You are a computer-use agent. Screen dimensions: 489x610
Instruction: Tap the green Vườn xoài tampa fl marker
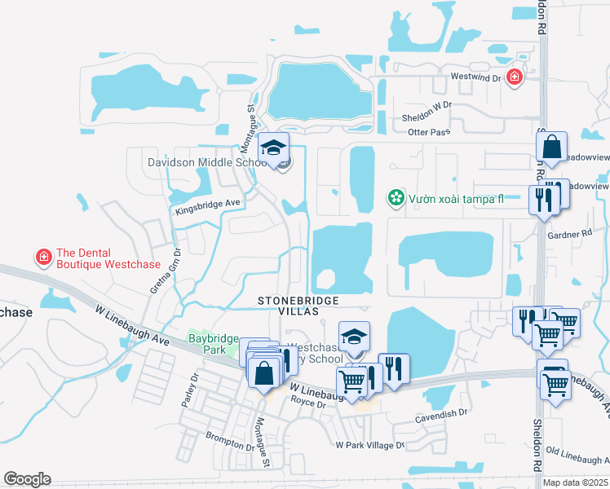396,197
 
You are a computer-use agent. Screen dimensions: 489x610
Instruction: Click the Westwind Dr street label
475,76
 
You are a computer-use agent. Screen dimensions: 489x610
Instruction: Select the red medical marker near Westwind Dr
515,77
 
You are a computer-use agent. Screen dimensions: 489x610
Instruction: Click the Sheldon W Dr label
426,104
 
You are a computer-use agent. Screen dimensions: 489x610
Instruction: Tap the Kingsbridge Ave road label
209,206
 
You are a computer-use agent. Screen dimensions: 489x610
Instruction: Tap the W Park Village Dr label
370,446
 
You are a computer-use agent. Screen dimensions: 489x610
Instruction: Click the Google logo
27,479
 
